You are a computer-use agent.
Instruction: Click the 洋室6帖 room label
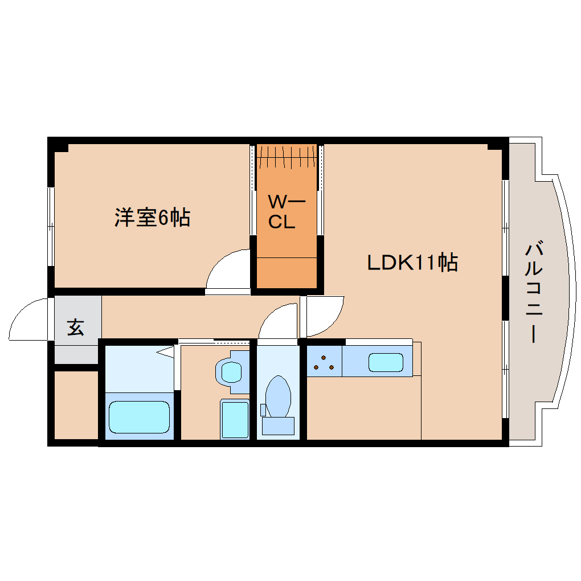pos(152,218)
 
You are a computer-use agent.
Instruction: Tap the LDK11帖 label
pos(412,263)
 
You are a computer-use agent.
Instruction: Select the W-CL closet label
pos(286,211)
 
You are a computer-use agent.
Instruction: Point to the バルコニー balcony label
pos(534,292)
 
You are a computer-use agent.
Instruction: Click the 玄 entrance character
pos(76,327)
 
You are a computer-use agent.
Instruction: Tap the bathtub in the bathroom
pos(140,417)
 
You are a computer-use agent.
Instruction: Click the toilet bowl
pos(279,396)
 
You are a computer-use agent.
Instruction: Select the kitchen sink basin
pos(386,362)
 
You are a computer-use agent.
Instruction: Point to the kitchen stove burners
pos(324,363)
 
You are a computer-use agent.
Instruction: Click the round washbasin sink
pos(231,371)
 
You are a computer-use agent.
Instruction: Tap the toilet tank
pos(279,425)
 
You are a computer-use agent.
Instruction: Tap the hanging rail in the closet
pos(287,157)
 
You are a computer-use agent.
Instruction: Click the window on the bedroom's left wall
pos(51,226)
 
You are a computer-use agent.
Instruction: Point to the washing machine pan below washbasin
pos(235,419)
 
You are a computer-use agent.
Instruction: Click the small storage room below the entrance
pos(76,405)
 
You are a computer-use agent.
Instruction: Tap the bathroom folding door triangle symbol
pos(166,352)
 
